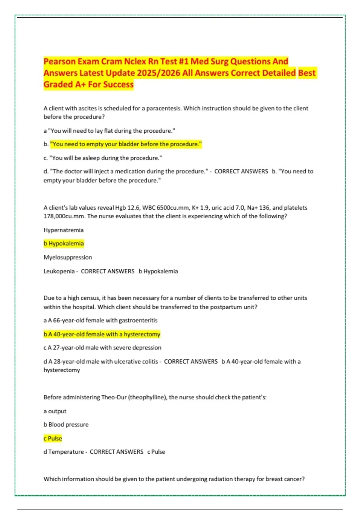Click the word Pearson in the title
(59, 61)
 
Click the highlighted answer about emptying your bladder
(126, 144)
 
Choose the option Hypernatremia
(64, 230)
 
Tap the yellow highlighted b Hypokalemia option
(64, 244)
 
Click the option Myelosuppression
(68, 257)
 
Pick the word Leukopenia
(59, 271)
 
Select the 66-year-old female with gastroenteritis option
(100, 320)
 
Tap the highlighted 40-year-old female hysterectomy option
(102, 334)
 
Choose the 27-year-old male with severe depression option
(102, 348)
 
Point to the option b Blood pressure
(66, 424)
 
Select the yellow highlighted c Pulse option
(53, 438)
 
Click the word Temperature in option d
(66, 452)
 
